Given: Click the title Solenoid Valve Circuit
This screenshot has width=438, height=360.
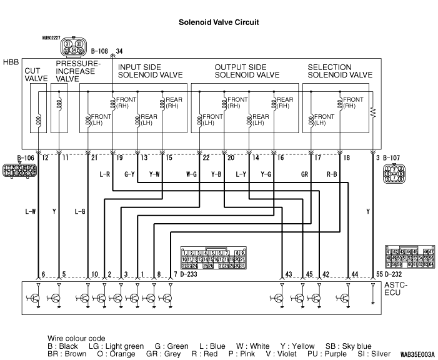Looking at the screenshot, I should pyautogui.click(x=218, y=22).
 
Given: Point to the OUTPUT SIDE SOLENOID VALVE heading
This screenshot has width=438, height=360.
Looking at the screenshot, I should pyautogui.click(x=247, y=71).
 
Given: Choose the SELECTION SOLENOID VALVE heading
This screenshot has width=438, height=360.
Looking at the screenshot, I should pyautogui.click(x=340, y=71).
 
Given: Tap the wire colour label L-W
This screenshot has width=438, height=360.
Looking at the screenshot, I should pyautogui.click(x=31, y=211).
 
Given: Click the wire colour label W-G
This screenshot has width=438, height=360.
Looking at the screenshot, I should pyautogui.click(x=192, y=174).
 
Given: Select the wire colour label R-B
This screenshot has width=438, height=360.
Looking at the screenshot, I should pyautogui.click(x=332, y=174).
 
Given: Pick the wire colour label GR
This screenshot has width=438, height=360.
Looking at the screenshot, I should pyautogui.click(x=306, y=174).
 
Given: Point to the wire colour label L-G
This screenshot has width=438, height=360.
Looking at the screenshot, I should pyautogui.click(x=80, y=211).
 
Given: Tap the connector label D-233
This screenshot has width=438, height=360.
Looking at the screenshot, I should pyautogui.click(x=190, y=274).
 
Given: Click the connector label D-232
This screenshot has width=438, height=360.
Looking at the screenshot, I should pyautogui.click(x=394, y=274).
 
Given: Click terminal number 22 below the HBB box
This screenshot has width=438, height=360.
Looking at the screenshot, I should pyautogui.click(x=206, y=159).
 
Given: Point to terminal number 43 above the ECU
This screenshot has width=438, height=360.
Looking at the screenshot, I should pyautogui.click(x=288, y=274).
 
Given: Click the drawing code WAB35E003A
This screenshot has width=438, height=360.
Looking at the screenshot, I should pyautogui.click(x=418, y=353).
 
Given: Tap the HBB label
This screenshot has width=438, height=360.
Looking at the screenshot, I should pyautogui.click(x=11, y=63).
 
